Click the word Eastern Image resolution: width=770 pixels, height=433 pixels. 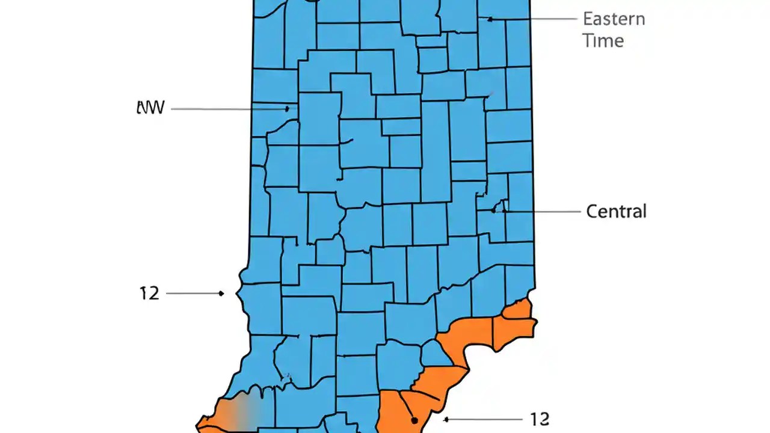[x=614, y=19]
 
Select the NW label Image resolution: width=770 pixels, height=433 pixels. [x=150, y=108]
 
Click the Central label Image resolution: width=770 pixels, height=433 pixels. [x=616, y=212]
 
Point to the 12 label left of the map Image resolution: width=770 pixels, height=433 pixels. [x=149, y=293]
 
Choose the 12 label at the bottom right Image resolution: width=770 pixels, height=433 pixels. [x=539, y=419]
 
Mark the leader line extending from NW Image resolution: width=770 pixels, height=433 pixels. [x=229, y=109]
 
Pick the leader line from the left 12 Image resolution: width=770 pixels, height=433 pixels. [x=192, y=293]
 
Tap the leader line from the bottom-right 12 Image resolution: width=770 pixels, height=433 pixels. [x=481, y=419]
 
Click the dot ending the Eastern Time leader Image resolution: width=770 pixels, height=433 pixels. [x=490, y=19]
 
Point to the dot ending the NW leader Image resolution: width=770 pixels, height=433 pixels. [x=287, y=109]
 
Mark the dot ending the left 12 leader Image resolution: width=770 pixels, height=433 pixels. [x=221, y=293]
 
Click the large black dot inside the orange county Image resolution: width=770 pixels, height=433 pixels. [x=414, y=420]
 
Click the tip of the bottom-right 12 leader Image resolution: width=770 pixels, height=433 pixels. [x=445, y=419]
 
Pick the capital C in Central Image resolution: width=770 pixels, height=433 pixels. [x=592, y=212]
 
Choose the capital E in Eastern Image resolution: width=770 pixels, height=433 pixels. [x=588, y=19]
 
